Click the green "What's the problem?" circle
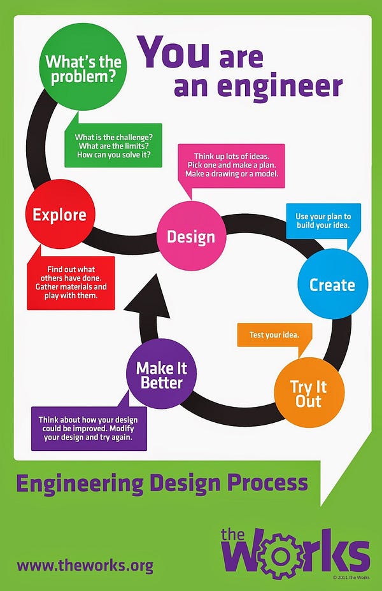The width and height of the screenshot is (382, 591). click(x=83, y=67)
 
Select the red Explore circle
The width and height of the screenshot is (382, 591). click(x=60, y=214)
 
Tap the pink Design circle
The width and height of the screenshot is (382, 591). click(x=191, y=236)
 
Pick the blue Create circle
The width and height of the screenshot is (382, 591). click(x=332, y=284)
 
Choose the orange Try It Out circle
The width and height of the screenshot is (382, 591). click(x=309, y=392)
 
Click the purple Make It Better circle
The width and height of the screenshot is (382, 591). click(x=161, y=374)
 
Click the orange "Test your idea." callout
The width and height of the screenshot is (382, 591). click(x=274, y=335)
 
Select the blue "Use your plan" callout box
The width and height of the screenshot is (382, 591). click(x=323, y=221)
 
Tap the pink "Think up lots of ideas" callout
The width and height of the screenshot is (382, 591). click(x=231, y=165)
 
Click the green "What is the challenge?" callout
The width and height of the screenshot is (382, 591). click(x=113, y=146)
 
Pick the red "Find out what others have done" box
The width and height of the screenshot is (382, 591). click(x=71, y=282)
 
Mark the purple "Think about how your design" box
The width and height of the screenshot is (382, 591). click(x=89, y=429)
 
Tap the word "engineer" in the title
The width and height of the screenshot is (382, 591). click(x=280, y=87)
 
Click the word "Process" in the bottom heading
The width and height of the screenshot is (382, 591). click(x=267, y=483)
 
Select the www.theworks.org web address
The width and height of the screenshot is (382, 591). click(x=85, y=566)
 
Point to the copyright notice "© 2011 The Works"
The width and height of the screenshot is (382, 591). click(x=351, y=578)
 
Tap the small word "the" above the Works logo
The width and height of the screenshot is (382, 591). click(x=233, y=535)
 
